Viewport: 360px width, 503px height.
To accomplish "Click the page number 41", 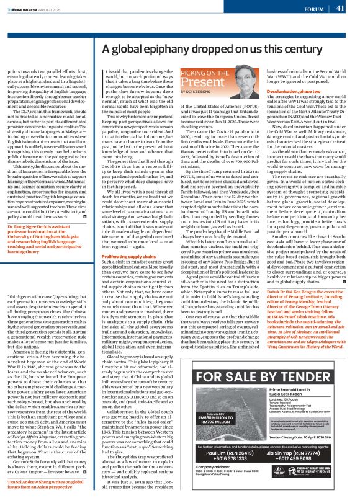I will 341,8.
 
